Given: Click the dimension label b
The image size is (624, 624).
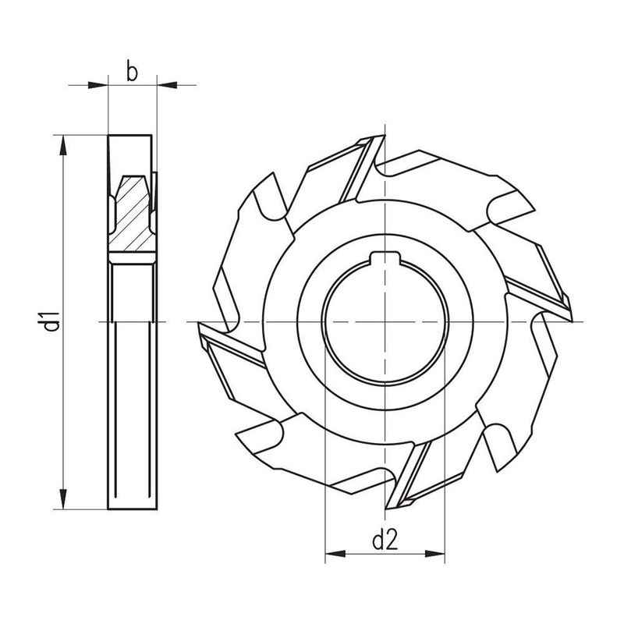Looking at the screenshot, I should coord(132,73).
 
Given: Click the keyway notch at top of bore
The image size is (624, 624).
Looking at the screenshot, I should coord(385,261).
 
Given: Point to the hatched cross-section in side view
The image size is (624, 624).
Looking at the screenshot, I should coord(133,214).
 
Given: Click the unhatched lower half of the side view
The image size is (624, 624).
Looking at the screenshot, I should coord(133,390).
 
